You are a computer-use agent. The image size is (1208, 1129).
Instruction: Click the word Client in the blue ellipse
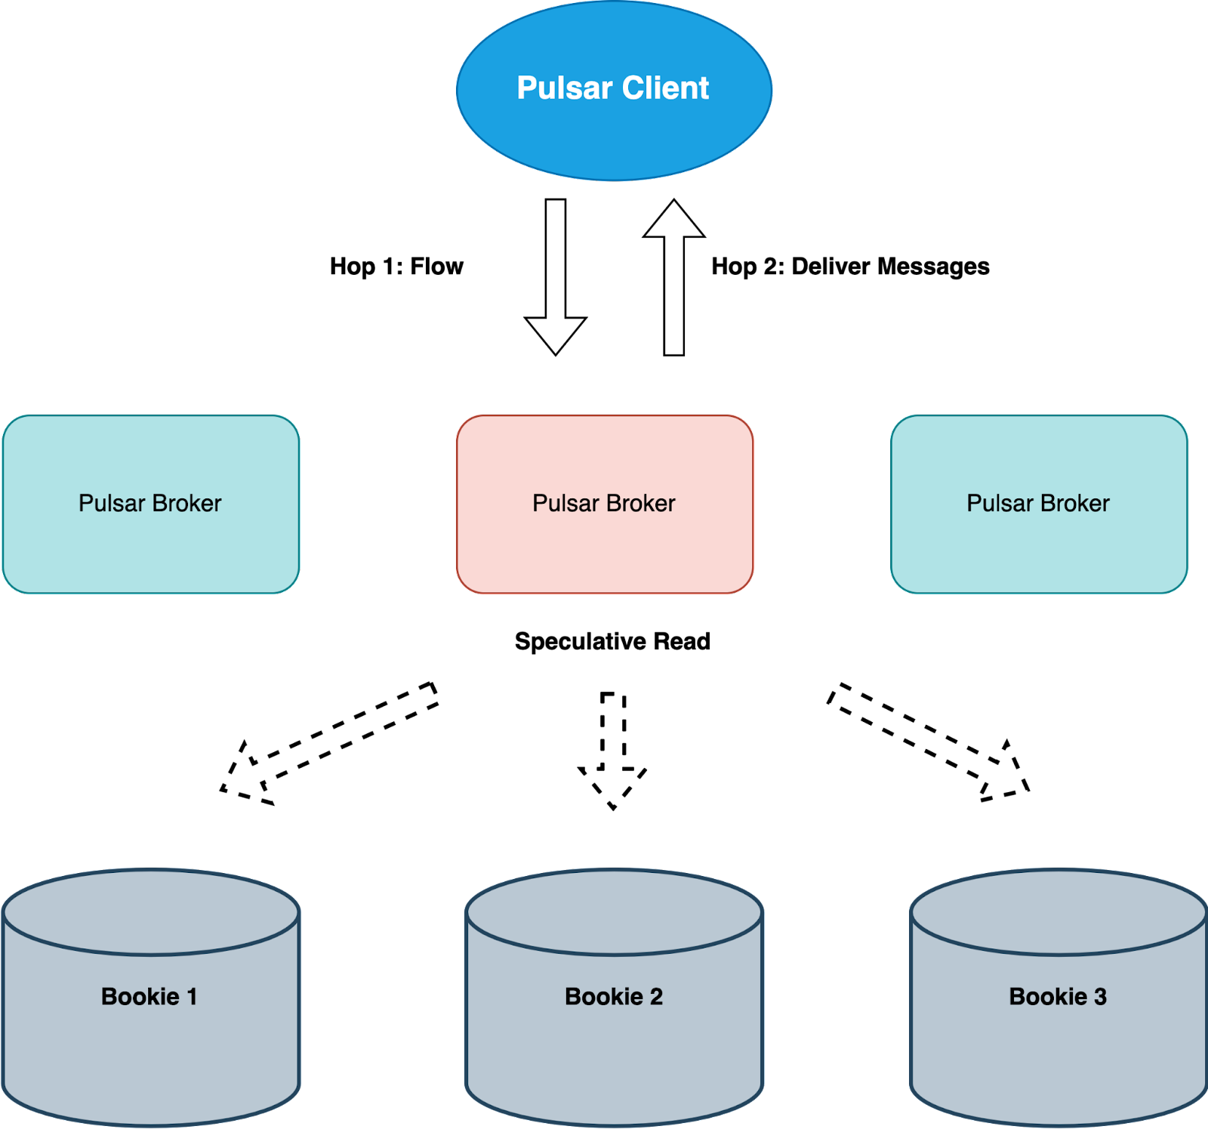point(665,88)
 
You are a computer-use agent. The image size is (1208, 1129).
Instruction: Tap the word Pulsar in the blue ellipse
point(564,88)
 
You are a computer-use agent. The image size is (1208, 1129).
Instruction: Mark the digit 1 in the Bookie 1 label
point(192,997)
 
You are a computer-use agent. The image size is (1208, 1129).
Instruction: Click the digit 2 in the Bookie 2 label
point(656,997)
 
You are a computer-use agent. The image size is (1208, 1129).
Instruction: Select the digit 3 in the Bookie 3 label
point(1100,997)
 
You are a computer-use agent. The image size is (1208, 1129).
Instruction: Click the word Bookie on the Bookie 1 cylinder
point(140,997)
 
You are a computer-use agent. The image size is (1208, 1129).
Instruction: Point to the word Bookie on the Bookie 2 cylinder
point(604,997)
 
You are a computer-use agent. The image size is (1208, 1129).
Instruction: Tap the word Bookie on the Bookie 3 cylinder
point(1048,997)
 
